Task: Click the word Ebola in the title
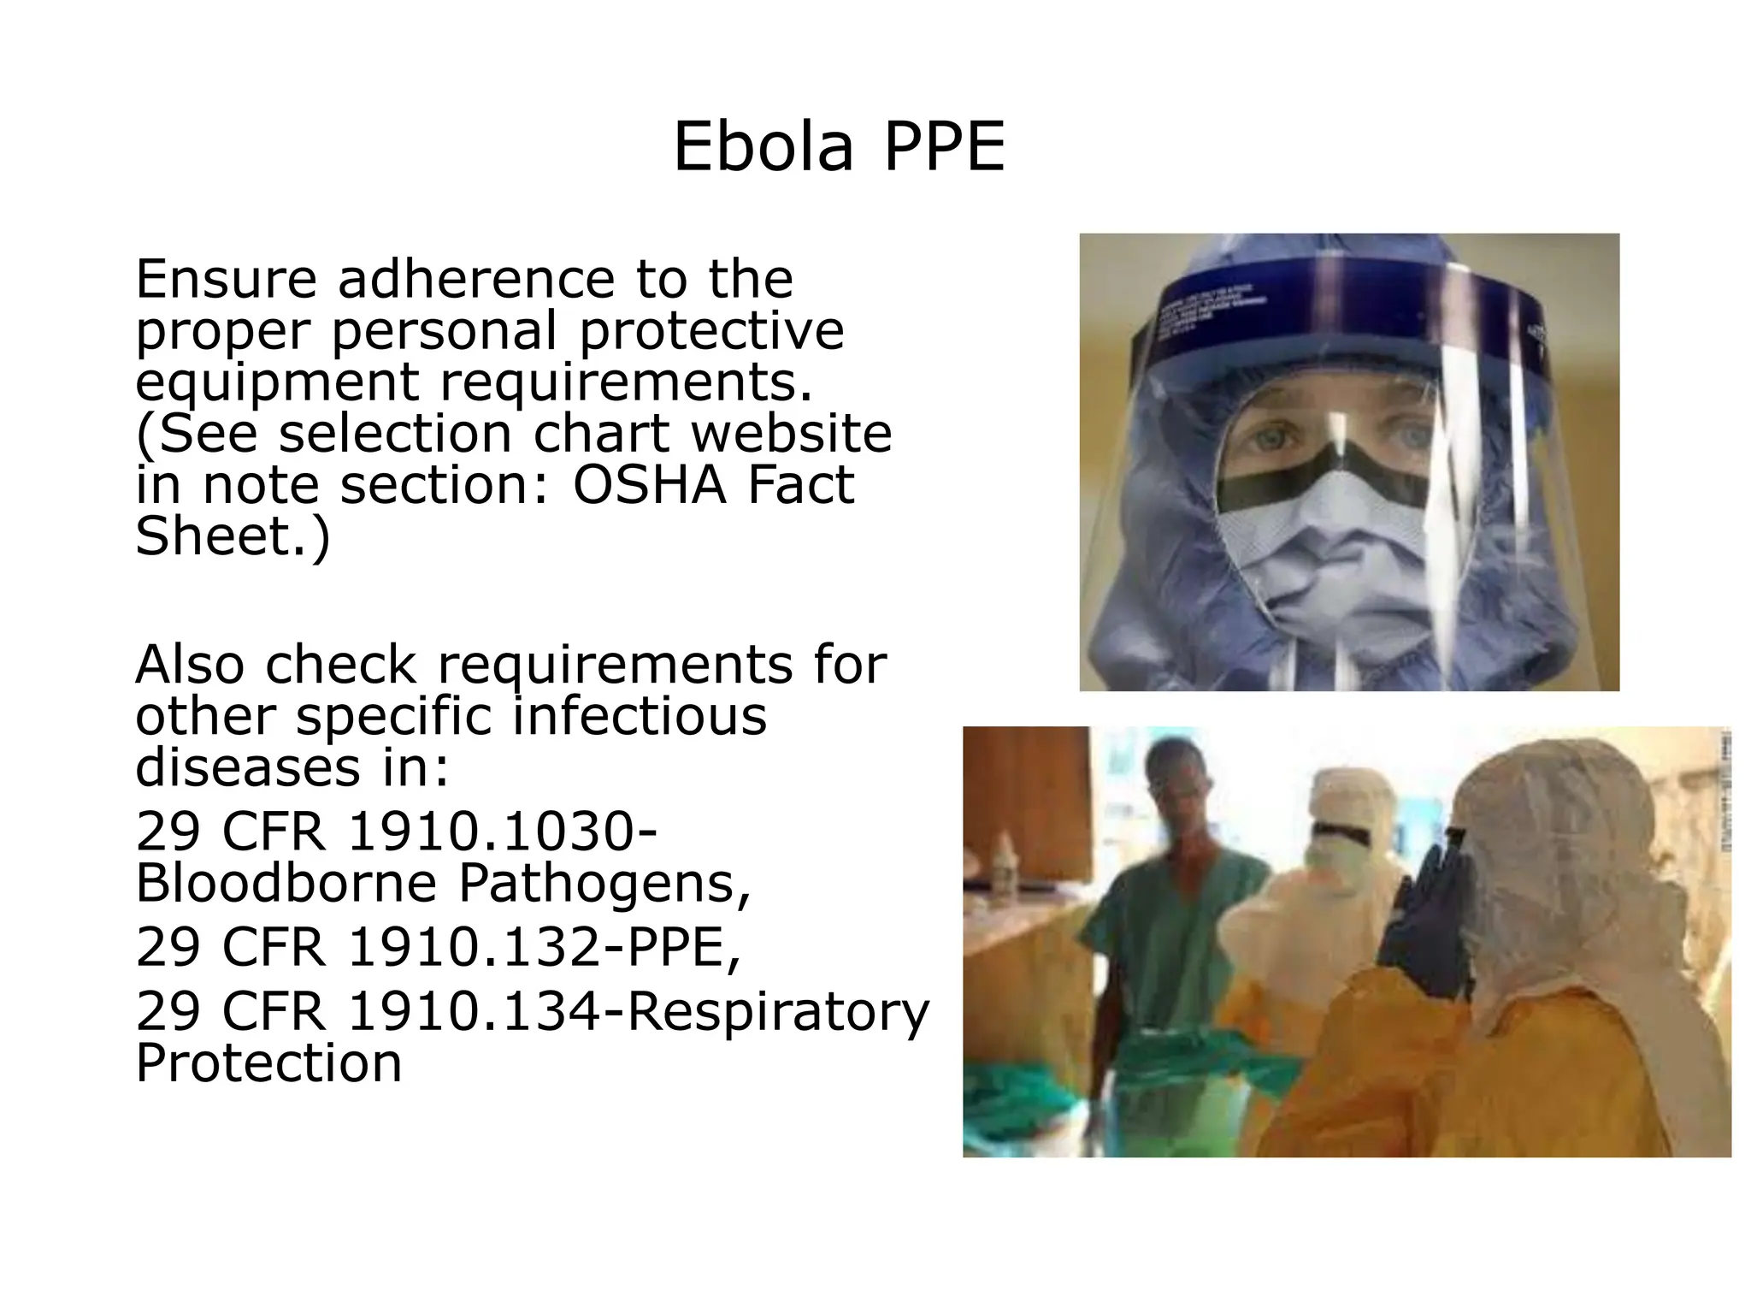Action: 763,147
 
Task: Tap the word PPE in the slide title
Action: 944,147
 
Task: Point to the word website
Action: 791,434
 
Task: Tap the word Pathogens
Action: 605,884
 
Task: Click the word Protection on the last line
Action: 268,1062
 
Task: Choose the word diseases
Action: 248,767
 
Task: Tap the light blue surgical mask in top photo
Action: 1321,556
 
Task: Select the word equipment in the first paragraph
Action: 277,383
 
